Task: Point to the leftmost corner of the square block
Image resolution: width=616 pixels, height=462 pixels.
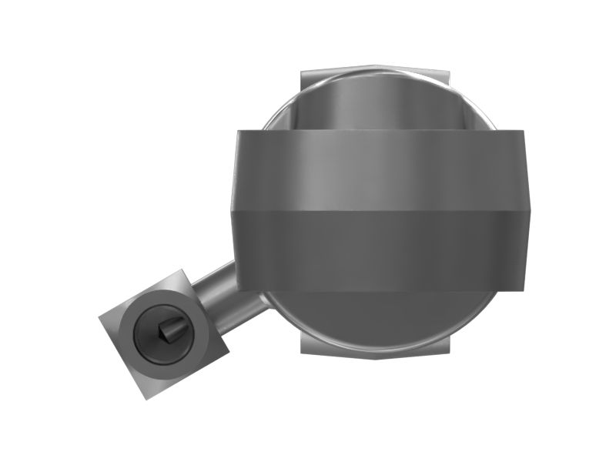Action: pos(99,316)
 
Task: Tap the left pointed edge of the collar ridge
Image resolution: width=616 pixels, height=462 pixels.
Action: pos(232,209)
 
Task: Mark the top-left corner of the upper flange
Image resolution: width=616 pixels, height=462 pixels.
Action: pos(300,71)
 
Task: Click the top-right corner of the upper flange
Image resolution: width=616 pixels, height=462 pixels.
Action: pos(450,71)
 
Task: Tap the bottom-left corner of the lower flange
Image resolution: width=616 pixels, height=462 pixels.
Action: pos(300,354)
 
